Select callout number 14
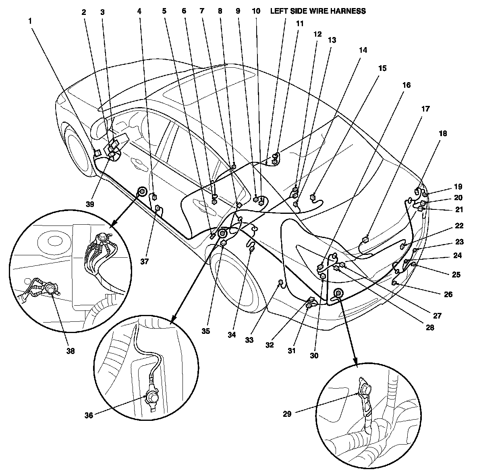click(363, 50)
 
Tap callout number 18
click(442, 133)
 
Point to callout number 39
click(90, 204)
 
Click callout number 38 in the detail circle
click(71, 351)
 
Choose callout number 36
click(89, 415)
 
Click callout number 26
click(448, 294)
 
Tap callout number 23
click(459, 242)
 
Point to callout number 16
click(406, 85)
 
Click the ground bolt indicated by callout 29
click(366, 389)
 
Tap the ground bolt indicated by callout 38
click(51, 288)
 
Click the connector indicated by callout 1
click(97, 153)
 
